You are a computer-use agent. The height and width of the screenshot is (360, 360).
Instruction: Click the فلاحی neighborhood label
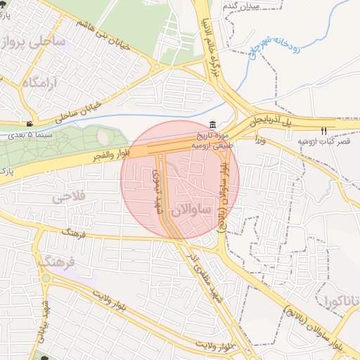(x=68, y=198)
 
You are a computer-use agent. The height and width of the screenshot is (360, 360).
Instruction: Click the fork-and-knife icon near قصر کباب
(x=323, y=130)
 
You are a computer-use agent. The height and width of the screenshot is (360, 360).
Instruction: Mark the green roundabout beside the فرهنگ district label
(x=46, y=278)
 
